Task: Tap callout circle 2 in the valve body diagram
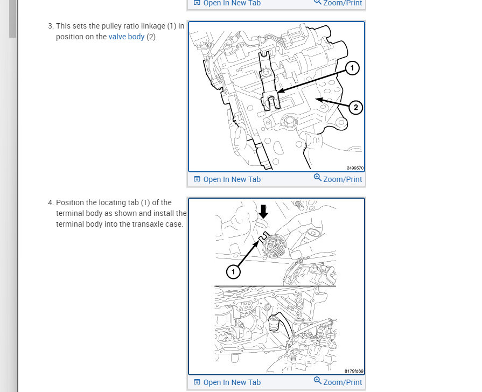click(355, 108)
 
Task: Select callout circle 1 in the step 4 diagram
click(233, 272)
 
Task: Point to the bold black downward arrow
click(263, 211)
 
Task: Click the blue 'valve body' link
click(127, 37)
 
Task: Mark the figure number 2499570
click(355, 168)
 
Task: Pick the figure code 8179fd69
click(354, 371)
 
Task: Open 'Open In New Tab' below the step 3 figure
click(232, 179)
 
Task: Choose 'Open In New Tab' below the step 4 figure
click(232, 382)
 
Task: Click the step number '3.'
click(51, 26)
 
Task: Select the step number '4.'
click(51, 202)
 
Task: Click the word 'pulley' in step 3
click(113, 26)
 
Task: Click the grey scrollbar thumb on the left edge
click(12, 19)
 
